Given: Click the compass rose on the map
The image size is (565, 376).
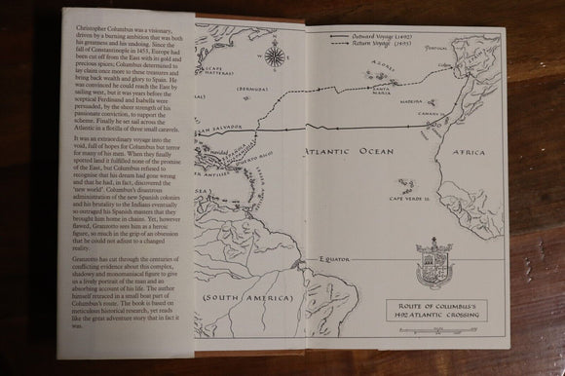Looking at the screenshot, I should [276, 56].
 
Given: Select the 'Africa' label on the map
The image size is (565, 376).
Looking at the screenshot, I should [471, 153].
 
